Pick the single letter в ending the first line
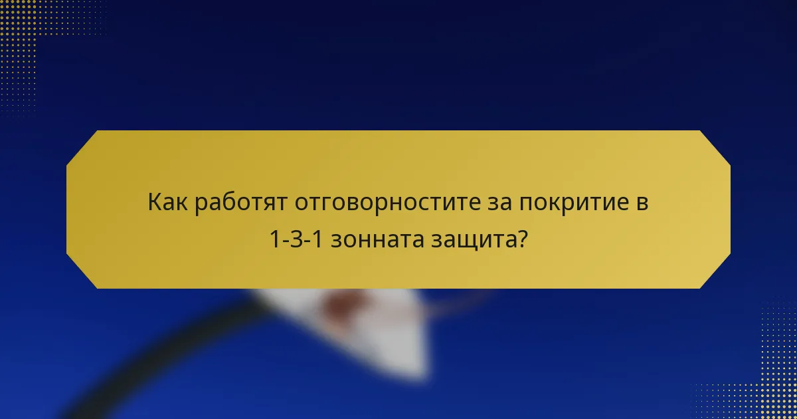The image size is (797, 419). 642,202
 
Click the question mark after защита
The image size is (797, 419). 521,239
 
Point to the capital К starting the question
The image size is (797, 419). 154,202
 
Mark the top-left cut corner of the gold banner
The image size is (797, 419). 81,146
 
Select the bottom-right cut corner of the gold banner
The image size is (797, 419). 715,273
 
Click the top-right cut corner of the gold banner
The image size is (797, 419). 715,146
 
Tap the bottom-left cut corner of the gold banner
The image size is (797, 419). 81,273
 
